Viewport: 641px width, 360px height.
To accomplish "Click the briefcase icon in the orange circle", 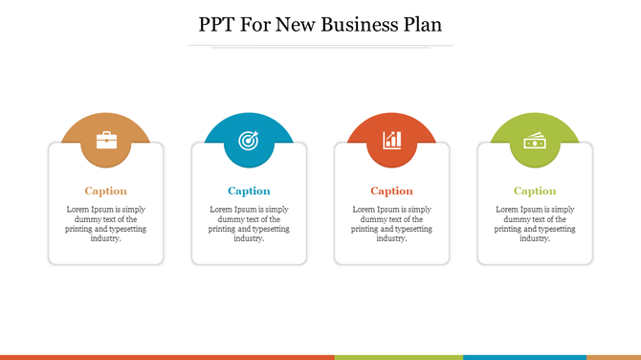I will (106, 141).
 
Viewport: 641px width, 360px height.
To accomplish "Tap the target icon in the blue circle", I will (249, 141).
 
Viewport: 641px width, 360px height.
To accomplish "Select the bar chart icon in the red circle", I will (391, 141).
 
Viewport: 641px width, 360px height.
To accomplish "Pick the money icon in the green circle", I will (535, 142).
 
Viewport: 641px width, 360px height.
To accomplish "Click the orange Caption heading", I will (105, 191).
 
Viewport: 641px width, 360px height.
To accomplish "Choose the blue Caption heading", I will (249, 191).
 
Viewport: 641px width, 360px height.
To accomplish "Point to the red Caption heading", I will (391, 191).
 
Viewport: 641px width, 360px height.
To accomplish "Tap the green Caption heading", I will (535, 191).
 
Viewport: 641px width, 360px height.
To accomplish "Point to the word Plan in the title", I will (422, 24).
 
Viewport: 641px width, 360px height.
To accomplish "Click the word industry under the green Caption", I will (534, 238).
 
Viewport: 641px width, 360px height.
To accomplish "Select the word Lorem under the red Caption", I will (365, 209).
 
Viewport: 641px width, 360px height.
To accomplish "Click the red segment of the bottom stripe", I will (167, 357).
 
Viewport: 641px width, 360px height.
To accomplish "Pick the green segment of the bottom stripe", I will (398, 357).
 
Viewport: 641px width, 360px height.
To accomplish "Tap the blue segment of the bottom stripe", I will (524, 357).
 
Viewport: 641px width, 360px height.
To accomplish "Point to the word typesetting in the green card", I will (555, 229).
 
